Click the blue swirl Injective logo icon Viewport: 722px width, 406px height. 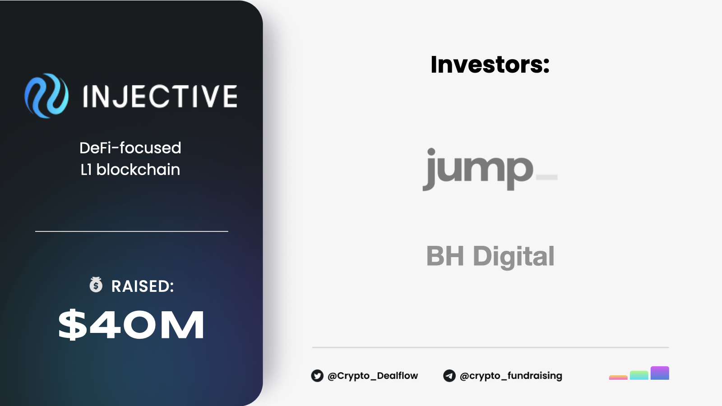click(x=46, y=96)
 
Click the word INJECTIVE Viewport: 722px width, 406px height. click(x=160, y=96)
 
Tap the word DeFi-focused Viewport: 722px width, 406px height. click(x=130, y=148)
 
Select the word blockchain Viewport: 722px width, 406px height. click(x=138, y=170)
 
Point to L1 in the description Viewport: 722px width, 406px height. click(x=86, y=170)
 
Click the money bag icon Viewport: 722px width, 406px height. click(x=96, y=285)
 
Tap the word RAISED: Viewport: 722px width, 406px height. click(x=143, y=286)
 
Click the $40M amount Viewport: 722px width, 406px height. click(x=131, y=324)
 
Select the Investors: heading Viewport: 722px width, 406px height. click(x=490, y=65)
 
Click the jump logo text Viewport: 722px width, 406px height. click(x=478, y=169)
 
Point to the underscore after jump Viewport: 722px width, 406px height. click(x=546, y=177)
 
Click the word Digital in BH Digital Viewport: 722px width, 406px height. click(x=514, y=257)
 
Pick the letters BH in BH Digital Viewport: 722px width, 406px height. click(x=445, y=255)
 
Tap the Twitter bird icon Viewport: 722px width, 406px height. click(x=317, y=376)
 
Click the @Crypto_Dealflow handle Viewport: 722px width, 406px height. click(x=373, y=376)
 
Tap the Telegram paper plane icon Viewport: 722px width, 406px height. click(x=449, y=376)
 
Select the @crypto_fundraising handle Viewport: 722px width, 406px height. click(x=511, y=376)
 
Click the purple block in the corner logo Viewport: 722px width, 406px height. click(x=660, y=373)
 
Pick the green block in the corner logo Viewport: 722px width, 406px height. click(x=639, y=375)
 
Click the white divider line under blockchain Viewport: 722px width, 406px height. click(x=131, y=231)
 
